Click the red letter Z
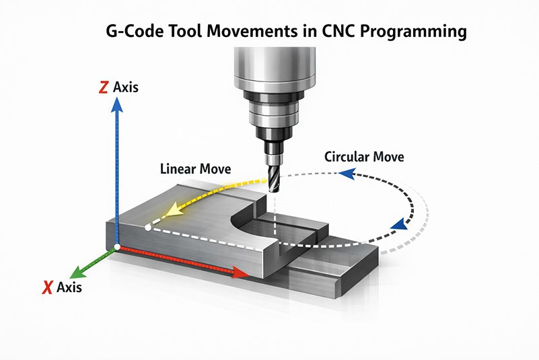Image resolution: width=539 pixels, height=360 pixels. (x=103, y=87)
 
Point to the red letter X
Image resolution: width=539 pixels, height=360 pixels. (x=47, y=287)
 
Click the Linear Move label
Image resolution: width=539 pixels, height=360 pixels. (x=196, y=169)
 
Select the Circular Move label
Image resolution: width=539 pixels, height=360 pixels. (x=364, y=157)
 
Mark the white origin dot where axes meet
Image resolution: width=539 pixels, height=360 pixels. (x=117, y=247)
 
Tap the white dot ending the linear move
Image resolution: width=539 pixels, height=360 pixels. (x=148, y=227)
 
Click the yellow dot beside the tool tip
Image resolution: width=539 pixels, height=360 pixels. (x=264, y=180)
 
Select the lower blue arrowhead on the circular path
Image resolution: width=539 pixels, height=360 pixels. (x=399, y=225)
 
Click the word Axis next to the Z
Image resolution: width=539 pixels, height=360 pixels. (x=126, y=87)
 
